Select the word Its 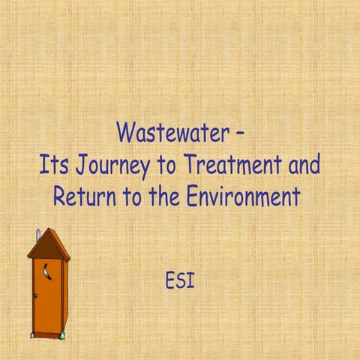[53, 165]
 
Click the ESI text [180, 283]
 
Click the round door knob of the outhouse [35, 295]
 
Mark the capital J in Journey [79, 166]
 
